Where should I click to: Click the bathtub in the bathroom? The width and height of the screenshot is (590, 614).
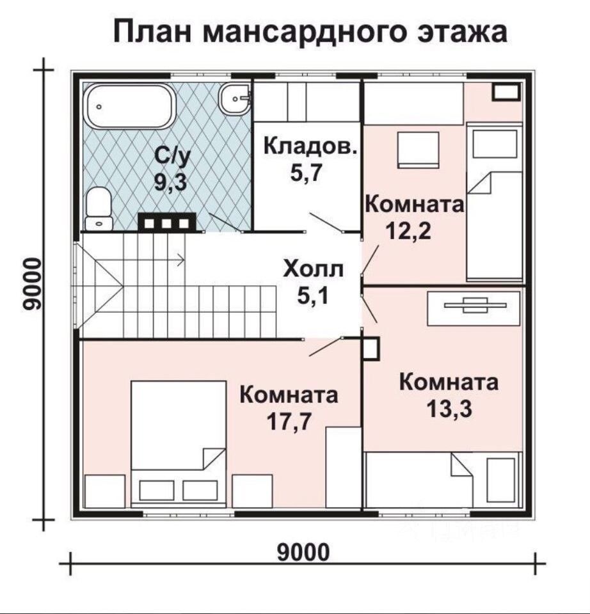point(130,106)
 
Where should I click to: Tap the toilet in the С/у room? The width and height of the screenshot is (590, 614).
point(99,209)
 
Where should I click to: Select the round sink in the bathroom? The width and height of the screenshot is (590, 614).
point(234,98)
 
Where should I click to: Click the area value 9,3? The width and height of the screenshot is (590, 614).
point(170,182)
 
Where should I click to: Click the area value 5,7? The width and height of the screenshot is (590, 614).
point(306,172)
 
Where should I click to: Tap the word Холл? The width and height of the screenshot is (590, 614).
point(314,269)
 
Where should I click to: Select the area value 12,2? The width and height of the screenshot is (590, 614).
point(409,231)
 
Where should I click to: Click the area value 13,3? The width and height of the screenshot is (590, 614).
point(449,409)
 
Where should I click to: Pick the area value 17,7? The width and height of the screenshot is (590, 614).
point(289,421)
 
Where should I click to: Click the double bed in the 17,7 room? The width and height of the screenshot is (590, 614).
point(179,444)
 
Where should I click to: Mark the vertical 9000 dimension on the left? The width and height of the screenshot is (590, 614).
point(31,284)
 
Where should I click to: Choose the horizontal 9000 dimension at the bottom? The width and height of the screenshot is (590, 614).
point(303,553)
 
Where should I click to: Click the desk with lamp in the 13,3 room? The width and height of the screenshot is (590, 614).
point(474,308)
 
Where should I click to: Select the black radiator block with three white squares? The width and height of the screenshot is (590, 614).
point(167,222)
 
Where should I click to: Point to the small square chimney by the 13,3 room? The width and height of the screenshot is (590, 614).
point(371,349)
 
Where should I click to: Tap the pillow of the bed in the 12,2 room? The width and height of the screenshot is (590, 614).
point(495,144)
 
